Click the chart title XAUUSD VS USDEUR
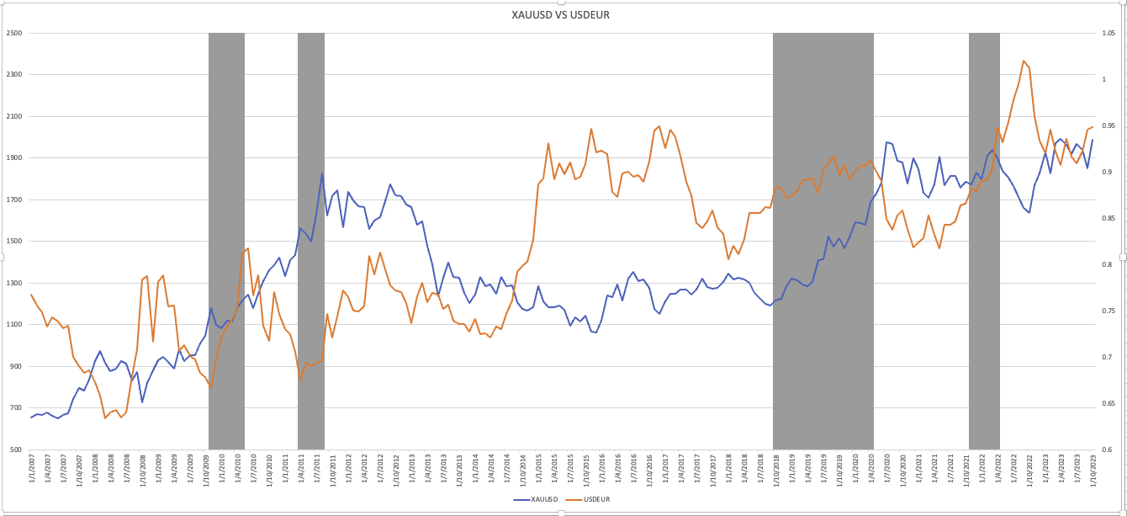pyautogui.click(x=563, y=15)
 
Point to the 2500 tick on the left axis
pyautogui.click(x=14, y=34)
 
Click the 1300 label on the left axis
pyautogui.click(x=14, y=284)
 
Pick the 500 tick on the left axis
pyautogui.click(x=16, y=450)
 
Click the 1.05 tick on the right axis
pyautogui.click(x=1108, y=34)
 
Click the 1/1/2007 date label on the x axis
pyautogui.click(x=32, y=474)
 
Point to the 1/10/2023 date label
pyautogui.click(x=1093, y=474)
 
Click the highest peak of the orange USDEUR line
pyautogui.click(x=1023, y=61)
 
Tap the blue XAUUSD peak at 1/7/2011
pyautogui.click(x=322, y=174)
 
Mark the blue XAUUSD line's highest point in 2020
pyautogui.click(x=886, y=142)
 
